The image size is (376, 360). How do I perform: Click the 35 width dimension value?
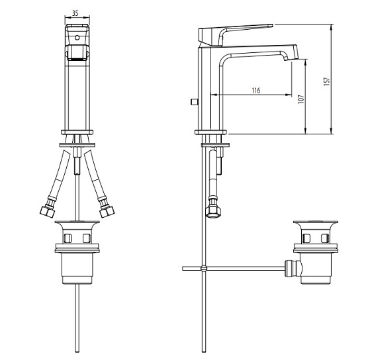coord(75,13)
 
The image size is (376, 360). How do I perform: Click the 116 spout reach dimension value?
coord(256,91)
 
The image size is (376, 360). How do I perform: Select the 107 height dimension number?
coord(301,99)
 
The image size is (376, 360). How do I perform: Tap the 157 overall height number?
coord(326,81)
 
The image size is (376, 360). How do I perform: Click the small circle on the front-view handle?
coord(77,38)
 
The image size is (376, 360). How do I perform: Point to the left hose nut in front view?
coord(47,211)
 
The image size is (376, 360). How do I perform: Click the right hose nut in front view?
coord(107,211)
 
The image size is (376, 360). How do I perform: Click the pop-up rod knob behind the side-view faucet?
coord(193,102)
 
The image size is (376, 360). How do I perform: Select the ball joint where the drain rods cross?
coord(204,268)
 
